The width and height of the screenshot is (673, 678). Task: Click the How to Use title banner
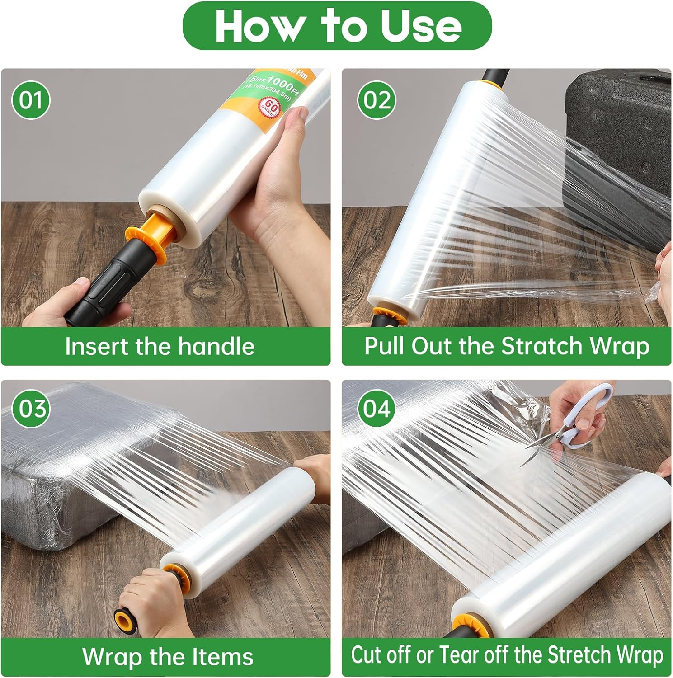337,26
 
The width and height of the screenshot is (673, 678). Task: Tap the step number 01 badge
30,99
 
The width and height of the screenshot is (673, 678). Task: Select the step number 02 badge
377,99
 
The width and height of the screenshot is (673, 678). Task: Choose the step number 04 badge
377,409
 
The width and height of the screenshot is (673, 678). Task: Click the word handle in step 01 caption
216,347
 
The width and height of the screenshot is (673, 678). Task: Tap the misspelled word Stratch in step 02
541,346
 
